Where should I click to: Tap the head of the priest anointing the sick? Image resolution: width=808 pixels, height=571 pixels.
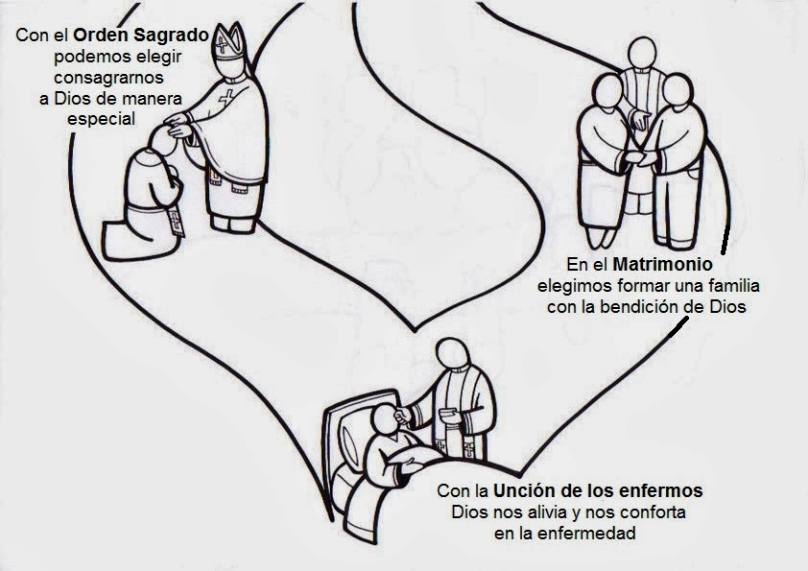click(x=451, y=357)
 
